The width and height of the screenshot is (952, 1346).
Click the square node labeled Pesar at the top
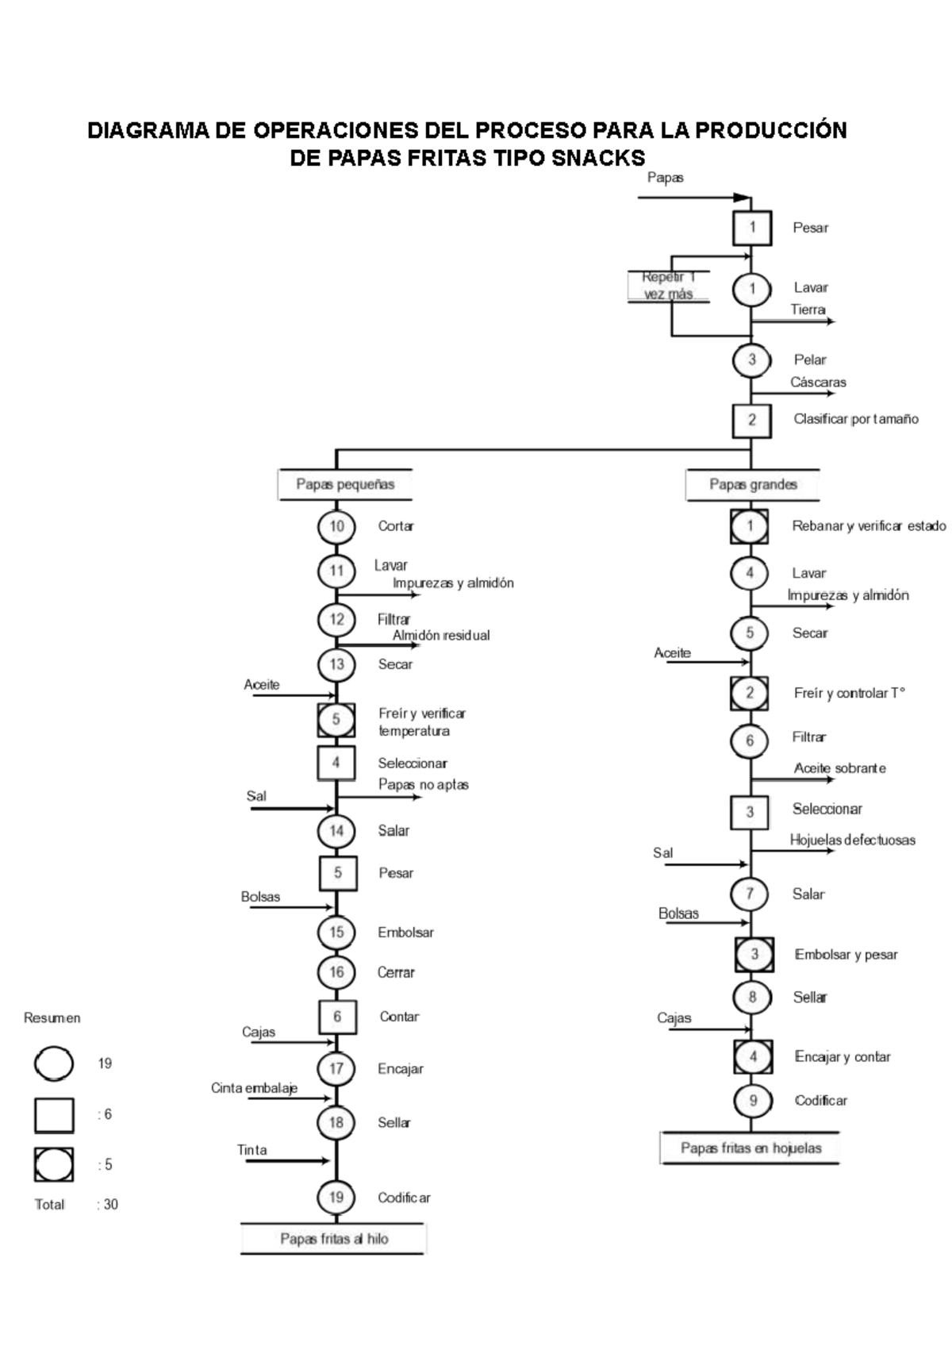(x=751, y=229)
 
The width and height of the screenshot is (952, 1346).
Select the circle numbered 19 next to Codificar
(x=336, y=1197)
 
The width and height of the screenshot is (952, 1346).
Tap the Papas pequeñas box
(x=345, y=484)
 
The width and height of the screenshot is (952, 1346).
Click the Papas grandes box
(x=752, y=484)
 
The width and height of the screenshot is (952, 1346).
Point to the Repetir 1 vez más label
(x=668, y=286)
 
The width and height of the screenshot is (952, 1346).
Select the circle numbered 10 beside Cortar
(x=336, y=526)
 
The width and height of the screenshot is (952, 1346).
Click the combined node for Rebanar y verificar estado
(x=750, y=526)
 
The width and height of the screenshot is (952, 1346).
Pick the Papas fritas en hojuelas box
(x=750, y=1148)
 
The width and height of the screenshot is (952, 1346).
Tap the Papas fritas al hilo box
(x=333, y=1239)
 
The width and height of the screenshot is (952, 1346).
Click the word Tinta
(x=252, y=1150)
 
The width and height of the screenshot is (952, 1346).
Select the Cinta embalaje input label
(x=254, y=1088)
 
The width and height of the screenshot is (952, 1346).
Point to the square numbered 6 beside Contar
(x=337, y=1017)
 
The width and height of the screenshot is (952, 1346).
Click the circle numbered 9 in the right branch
(x=752, y=1101)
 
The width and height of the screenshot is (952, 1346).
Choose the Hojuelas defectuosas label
(x=852, y=840)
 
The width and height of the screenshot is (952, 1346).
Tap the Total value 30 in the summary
(x=110, y=1205)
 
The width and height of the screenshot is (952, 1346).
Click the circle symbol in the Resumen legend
(x=54, y=1063)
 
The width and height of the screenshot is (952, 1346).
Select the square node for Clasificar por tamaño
(x=751, y=420)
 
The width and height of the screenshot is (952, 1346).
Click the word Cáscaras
(x=818, y=383)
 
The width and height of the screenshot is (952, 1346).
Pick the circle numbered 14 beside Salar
(x=336, y=831)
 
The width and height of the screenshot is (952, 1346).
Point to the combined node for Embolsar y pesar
(x=754, y=955)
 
